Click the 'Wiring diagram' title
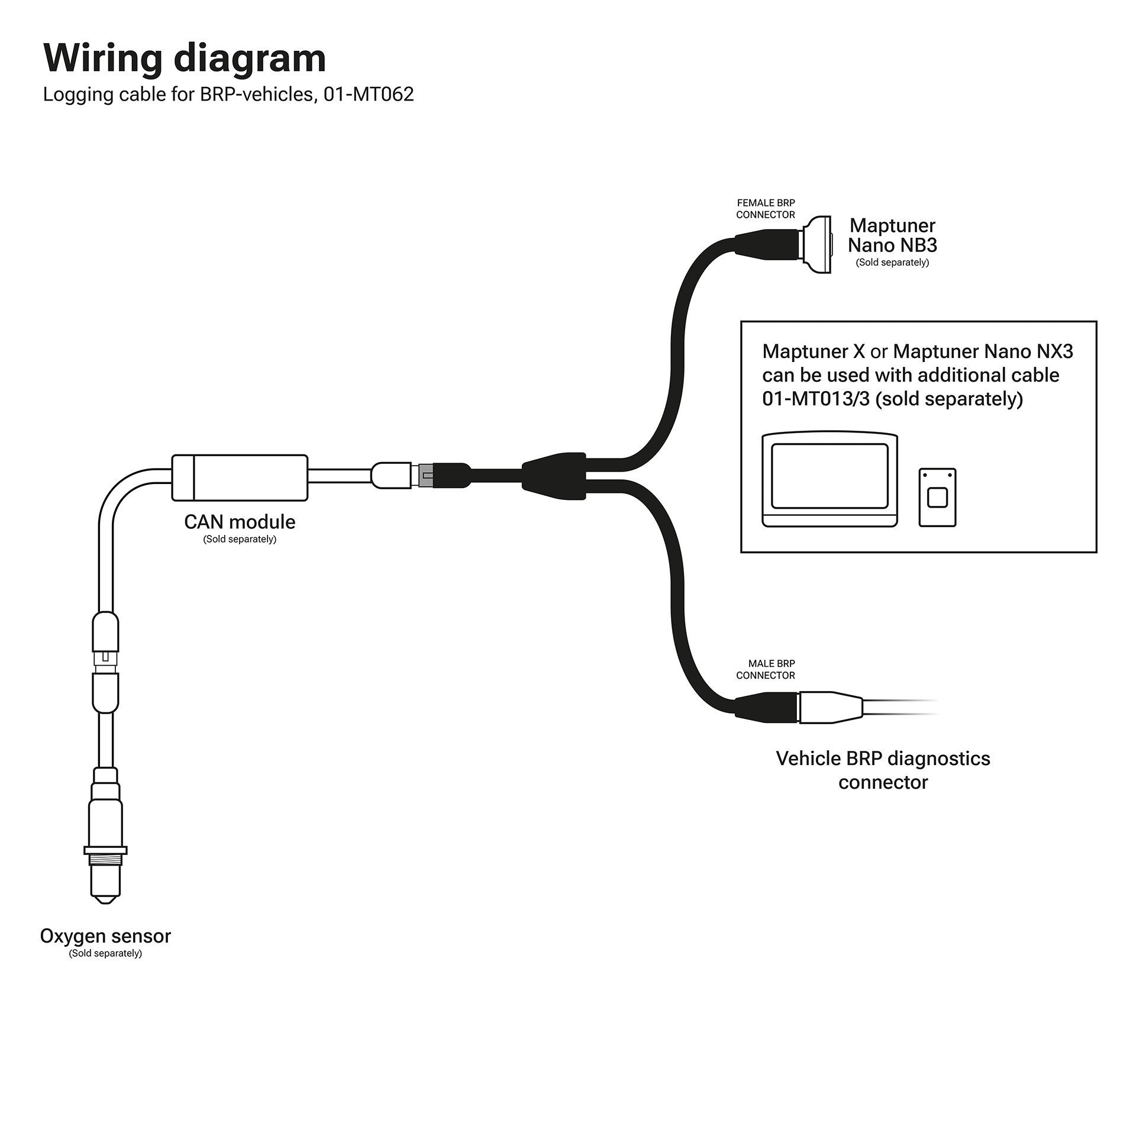click(x=185, y=59)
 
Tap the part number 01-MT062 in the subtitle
click(x=368, y=95)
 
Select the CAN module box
click(x=240, y=477)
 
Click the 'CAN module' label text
click(x=240, y=522)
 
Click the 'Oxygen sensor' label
click(x=105, y=936)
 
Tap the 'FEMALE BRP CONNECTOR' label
click(x=766, y=209)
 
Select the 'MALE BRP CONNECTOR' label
click(x=766, y=669)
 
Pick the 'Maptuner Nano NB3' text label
click(x=892, y=235)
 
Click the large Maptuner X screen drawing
click(x=830, y=479)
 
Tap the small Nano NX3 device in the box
click(x=937, y=498)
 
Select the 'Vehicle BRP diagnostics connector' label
click(x=883, y=770)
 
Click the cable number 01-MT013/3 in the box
click(x=816, y=399)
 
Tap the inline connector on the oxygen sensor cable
click(x=105, y=659)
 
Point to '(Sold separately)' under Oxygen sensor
click(x=105, y=953)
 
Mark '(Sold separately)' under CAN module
click(x=240, y=539)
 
